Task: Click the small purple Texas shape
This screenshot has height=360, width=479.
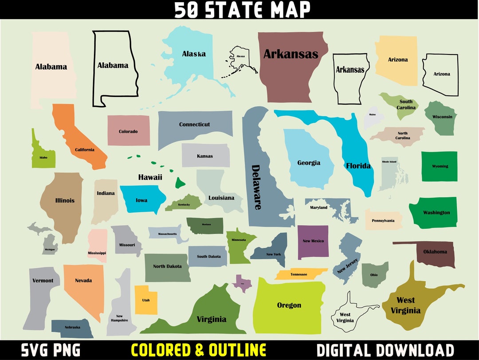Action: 242,282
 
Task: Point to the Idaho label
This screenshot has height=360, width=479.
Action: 43,157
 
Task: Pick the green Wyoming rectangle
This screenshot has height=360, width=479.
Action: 439,166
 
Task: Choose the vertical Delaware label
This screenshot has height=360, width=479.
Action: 257,187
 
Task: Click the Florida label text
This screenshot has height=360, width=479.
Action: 358,166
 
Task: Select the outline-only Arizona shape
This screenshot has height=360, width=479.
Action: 441,74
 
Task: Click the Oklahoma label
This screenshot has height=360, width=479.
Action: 435,252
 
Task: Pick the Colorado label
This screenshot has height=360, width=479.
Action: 128,131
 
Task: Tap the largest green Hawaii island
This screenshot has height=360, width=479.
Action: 180,182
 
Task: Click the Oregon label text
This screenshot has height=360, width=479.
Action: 289,305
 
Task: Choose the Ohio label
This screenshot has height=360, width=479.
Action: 374,275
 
